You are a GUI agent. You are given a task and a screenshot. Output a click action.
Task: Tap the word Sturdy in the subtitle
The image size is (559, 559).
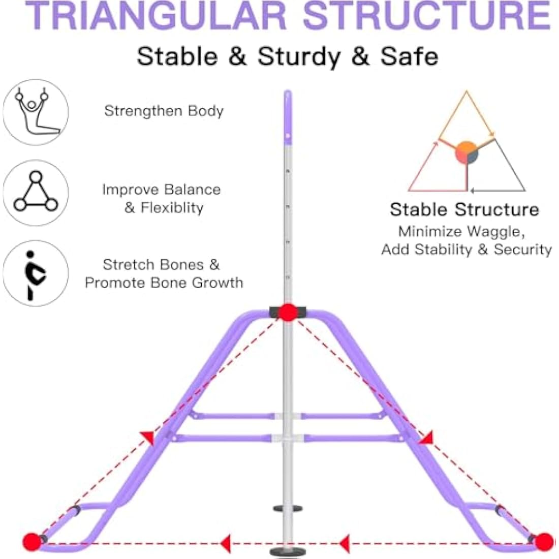[x=299, y=57]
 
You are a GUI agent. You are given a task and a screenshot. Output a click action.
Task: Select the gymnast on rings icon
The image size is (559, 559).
[x=36, y=112]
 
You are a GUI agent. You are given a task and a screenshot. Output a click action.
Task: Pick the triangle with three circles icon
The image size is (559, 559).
[x=36, y=193]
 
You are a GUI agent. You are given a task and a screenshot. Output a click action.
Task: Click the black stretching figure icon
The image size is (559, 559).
[x=36, y=273]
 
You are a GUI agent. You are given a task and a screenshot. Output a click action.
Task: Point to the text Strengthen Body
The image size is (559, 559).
[x=164, y=111]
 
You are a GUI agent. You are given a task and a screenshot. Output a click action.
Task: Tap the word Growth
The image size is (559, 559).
[x=218, y=283]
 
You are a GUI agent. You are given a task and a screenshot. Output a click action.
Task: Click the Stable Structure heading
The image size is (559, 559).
[x=464, y=209]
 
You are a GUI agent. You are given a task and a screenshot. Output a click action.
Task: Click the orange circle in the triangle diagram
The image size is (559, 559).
[x=467, y=152]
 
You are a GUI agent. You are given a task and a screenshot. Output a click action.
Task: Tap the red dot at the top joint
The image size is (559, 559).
[x=288, y=313]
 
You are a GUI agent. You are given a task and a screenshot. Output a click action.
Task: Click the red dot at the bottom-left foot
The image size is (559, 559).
[x=32, y=542]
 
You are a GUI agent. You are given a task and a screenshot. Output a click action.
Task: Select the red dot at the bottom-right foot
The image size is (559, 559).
[x=544, y=542]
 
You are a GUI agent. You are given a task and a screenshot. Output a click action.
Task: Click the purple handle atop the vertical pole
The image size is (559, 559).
[x=288, y=118]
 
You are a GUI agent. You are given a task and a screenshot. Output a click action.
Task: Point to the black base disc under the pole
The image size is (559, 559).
[x=287, y=552]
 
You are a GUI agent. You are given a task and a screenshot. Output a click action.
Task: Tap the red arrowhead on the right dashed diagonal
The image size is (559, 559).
[x=426, y=438]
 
